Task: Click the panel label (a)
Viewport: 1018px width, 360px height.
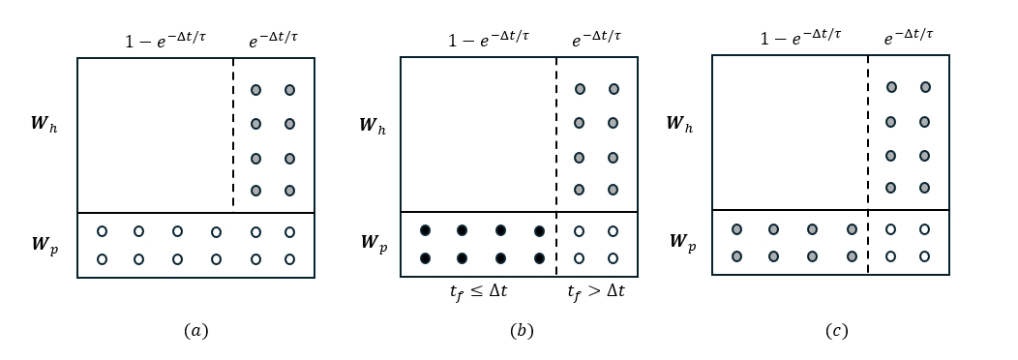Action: pyautogui.click(x=195, y=331)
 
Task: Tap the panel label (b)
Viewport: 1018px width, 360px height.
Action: pyautogui.click(x=522, y=331)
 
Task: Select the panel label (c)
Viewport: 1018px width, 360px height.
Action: pyautogui.click(x=837, y=331)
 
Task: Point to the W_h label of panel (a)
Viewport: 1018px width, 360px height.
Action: pyautogui.click(x=44, y=124)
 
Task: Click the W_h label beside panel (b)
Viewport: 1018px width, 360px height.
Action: pyautogui.click(x=372, y=125)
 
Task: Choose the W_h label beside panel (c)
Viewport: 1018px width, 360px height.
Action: pyautogui.click(x=679, y=124)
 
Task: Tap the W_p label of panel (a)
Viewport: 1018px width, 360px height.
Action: pyautogui.click(x=44, y=244)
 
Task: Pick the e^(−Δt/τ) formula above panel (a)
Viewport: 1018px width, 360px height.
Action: pyautogui.click(x=273, y=40)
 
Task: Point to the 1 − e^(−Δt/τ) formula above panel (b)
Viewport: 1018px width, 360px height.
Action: pyautogui.click(x=489, y=40)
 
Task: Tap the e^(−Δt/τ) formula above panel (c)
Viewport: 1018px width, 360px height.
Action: pyautogui.click(x=908, y=38)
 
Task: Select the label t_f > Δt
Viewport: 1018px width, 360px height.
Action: pyautogui.click(x=595, y=290)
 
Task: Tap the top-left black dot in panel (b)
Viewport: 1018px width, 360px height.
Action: pyautogui.click(x=425, y=230)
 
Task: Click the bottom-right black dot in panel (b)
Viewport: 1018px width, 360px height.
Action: pyautogui.click(x=539, y=258)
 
